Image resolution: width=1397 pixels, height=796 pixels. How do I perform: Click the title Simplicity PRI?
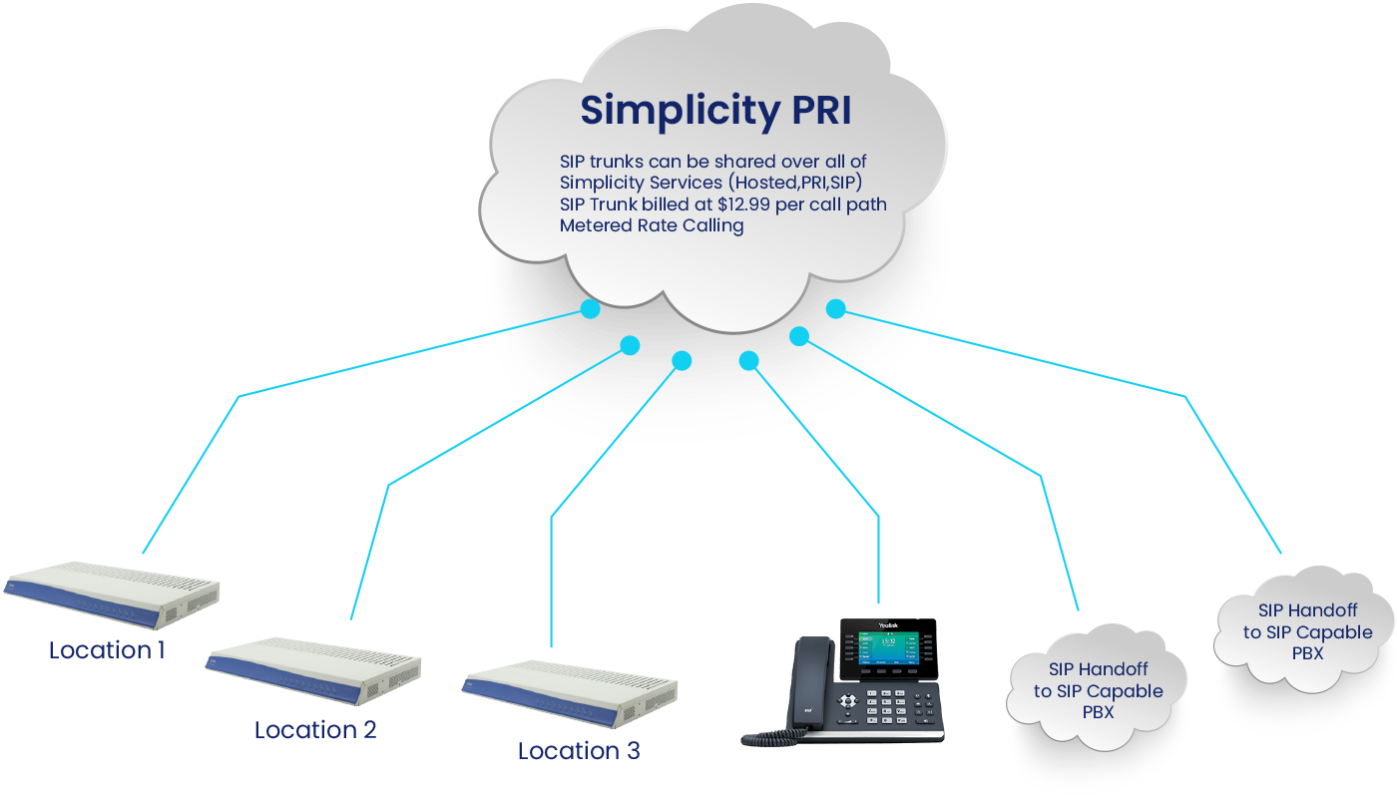coord(715,111)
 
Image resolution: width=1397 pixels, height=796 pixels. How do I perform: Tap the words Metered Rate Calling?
coord(651,225)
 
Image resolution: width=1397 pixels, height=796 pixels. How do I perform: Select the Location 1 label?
coord(107,651)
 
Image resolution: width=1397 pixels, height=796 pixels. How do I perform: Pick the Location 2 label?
coord(315,730)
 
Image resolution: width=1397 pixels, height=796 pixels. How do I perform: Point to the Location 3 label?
coord(578,751)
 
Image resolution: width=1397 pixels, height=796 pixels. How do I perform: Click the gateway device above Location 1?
coord(112,594)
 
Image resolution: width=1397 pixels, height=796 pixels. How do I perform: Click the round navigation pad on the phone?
coord(847,701)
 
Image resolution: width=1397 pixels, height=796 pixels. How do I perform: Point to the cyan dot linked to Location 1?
coord(591,309)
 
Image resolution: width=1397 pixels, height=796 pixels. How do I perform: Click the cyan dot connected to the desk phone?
coord(748,360)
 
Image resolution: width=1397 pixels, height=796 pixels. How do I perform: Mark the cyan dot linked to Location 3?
coord(682,361)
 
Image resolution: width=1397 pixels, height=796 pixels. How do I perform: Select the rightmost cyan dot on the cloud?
coord(836,308)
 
